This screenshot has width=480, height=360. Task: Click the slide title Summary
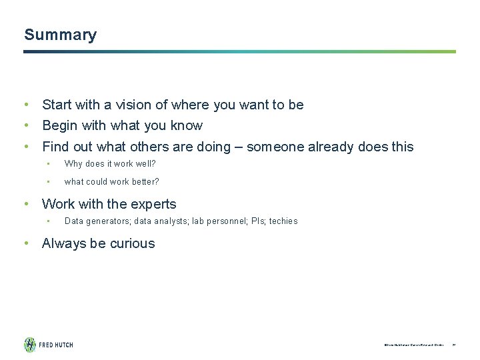coord(60,35)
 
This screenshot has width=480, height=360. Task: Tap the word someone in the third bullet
coord(274,147)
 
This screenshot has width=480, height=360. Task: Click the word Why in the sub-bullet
coord(73,164)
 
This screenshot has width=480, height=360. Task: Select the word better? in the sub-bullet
coord(145,181)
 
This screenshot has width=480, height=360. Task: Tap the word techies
coord(283,221)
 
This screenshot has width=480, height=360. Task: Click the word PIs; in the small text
coord(257,221)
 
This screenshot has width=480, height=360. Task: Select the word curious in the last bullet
coord(133,243)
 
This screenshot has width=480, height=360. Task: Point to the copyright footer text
coord(413,345)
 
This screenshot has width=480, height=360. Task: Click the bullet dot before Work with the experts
coord(25,204)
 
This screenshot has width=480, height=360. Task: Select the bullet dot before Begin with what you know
coord(25,125)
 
